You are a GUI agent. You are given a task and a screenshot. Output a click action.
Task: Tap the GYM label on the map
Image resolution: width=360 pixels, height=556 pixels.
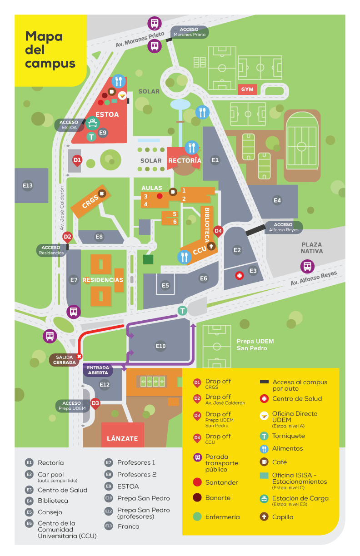[247, 89]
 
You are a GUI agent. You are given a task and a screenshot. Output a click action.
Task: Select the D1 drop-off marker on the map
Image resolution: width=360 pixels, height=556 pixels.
[77, 160]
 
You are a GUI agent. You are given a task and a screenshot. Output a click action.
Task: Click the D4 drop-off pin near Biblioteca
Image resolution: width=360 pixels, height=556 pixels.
[218, 231]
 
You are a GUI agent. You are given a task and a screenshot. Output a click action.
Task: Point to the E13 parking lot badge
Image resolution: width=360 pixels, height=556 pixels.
[28, 185]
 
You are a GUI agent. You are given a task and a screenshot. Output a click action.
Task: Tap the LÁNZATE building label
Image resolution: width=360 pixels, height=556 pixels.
[122, 438]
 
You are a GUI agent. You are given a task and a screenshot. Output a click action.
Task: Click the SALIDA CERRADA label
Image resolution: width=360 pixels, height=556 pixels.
[65, 359]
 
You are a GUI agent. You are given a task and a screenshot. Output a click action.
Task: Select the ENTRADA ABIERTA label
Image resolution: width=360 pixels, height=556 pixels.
[98, 370]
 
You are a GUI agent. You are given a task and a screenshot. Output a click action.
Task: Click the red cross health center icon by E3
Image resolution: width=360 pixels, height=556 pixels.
[239, 276]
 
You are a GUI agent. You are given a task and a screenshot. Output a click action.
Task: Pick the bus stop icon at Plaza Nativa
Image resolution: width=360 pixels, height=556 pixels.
[307, 266]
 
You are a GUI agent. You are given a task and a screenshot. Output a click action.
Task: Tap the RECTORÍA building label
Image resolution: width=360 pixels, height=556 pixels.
[184, 160]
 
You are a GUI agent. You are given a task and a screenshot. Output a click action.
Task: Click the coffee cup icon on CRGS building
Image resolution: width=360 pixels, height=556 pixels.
[102, 193]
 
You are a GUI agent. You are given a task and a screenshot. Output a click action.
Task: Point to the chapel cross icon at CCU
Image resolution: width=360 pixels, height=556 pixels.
[211, 247]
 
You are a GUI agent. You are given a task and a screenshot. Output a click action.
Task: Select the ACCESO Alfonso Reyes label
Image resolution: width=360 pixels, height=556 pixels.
[284, 227]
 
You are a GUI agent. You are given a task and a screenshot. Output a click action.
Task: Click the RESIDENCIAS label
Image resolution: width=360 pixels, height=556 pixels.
[103, 280]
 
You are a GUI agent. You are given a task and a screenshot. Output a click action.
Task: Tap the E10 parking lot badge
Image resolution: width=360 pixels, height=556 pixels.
[160, 346]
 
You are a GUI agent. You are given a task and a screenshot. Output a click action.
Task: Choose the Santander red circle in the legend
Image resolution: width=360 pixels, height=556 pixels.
[197, 482]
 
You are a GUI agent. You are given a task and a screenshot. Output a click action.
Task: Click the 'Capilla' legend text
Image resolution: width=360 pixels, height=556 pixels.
[283, 517]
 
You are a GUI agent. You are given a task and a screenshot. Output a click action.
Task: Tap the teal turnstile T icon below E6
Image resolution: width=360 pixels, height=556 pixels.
[182, 311]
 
